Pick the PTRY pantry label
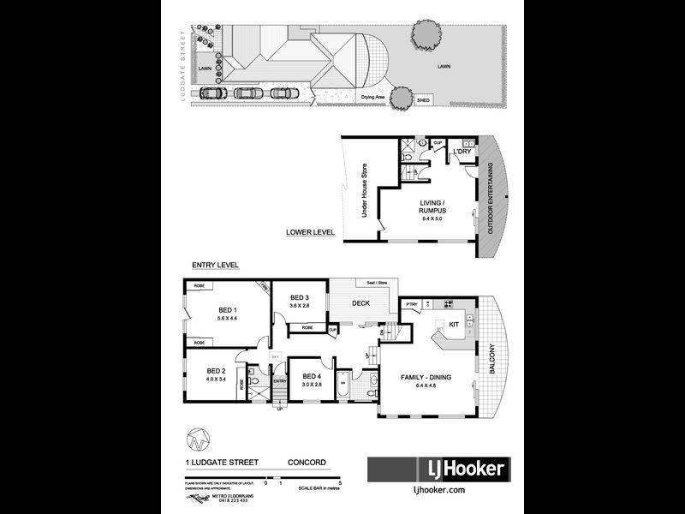tap(411, 304)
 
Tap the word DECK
tap(360, 302)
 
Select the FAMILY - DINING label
tap(426, 377)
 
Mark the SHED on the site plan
tap(423, 100)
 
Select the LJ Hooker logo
tap(438, 469)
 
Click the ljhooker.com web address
tap(438, 490)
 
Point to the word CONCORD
tap(307, 463)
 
